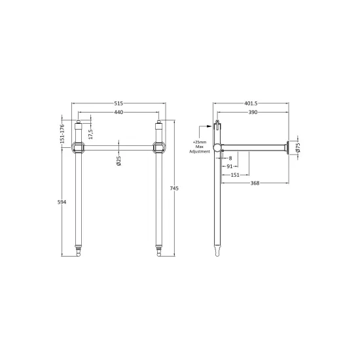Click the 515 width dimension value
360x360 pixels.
click(118, 103)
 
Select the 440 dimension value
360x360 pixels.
click(118, 112)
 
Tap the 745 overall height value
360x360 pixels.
click(174, 189)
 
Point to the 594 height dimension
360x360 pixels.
click(62, 202)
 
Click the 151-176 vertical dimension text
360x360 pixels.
click(62, 134)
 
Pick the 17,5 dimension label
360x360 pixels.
click(90, 134)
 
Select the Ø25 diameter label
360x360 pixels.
click(118, 161)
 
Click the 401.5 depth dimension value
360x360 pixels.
click(251, 103)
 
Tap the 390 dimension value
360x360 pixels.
click(253, 112)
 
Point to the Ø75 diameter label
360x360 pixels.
click(298, 147)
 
